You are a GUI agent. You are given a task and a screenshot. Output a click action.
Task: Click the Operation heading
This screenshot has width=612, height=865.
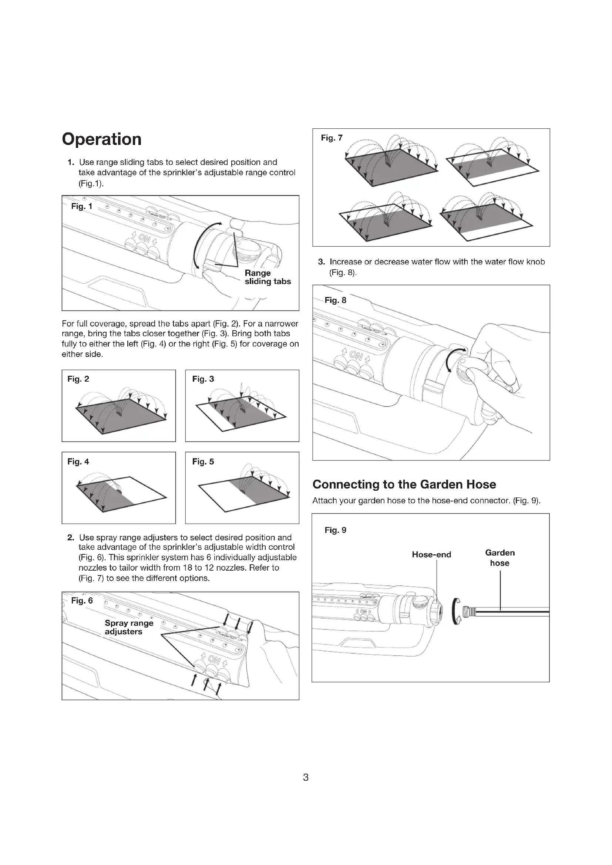[102, 139]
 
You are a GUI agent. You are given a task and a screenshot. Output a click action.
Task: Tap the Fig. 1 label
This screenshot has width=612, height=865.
[82, 206]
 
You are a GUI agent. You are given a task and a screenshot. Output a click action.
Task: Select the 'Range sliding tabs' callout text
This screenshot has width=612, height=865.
[268, 277]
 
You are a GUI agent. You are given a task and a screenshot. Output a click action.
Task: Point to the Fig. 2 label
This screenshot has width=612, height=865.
[78, 379]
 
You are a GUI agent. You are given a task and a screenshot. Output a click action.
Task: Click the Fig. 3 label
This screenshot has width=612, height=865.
[203, 379]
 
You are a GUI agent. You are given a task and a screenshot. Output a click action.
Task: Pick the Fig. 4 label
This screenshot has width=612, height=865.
[78, 462]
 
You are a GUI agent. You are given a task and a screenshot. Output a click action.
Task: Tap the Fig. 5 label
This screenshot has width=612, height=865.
[203, 462]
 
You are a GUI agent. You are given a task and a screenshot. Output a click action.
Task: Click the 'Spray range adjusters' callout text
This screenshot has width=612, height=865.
[129, 627]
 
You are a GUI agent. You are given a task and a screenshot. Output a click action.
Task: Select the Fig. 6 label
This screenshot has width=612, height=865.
[82, 601]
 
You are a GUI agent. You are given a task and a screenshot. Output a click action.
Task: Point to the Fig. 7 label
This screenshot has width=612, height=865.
[332, 138]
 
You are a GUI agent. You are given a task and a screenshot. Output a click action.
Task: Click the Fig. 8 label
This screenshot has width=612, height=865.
[335, 300]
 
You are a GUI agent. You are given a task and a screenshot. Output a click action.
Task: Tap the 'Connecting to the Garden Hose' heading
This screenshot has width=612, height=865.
[404, 484]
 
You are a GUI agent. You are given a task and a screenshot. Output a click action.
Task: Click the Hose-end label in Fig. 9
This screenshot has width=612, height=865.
[431, 555]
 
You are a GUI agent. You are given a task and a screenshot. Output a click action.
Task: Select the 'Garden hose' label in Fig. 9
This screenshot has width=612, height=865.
[500, 558]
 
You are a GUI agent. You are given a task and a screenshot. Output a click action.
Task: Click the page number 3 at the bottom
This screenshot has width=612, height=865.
[306, 777]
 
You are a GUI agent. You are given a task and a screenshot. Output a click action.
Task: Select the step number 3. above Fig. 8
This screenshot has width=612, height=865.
[322, 262]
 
